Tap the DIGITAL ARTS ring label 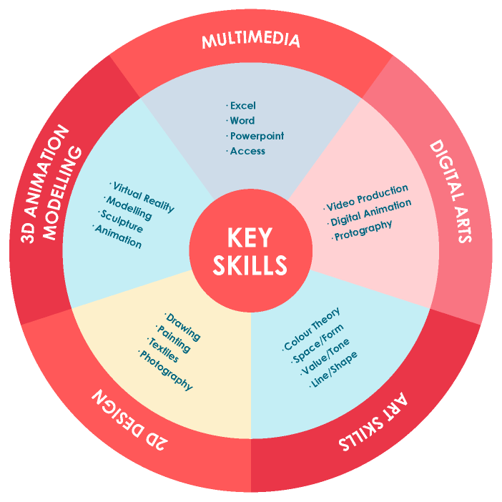pos(451,191)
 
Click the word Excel pos(242,106)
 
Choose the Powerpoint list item pos(257,136)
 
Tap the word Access pos(247,151)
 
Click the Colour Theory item pos(312,329)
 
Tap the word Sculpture pos(121,222)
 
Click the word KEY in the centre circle pos(250,237)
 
